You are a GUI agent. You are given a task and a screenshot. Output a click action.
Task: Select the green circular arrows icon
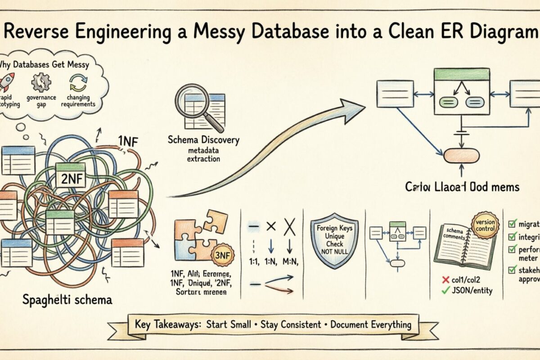pyautogui.click(x=78, y=84)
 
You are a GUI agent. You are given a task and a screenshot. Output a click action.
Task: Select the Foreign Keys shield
pyautogui.click(x=335, y=245)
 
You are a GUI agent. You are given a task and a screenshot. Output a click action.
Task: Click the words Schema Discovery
pyautogui.click(x=203, y=140)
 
